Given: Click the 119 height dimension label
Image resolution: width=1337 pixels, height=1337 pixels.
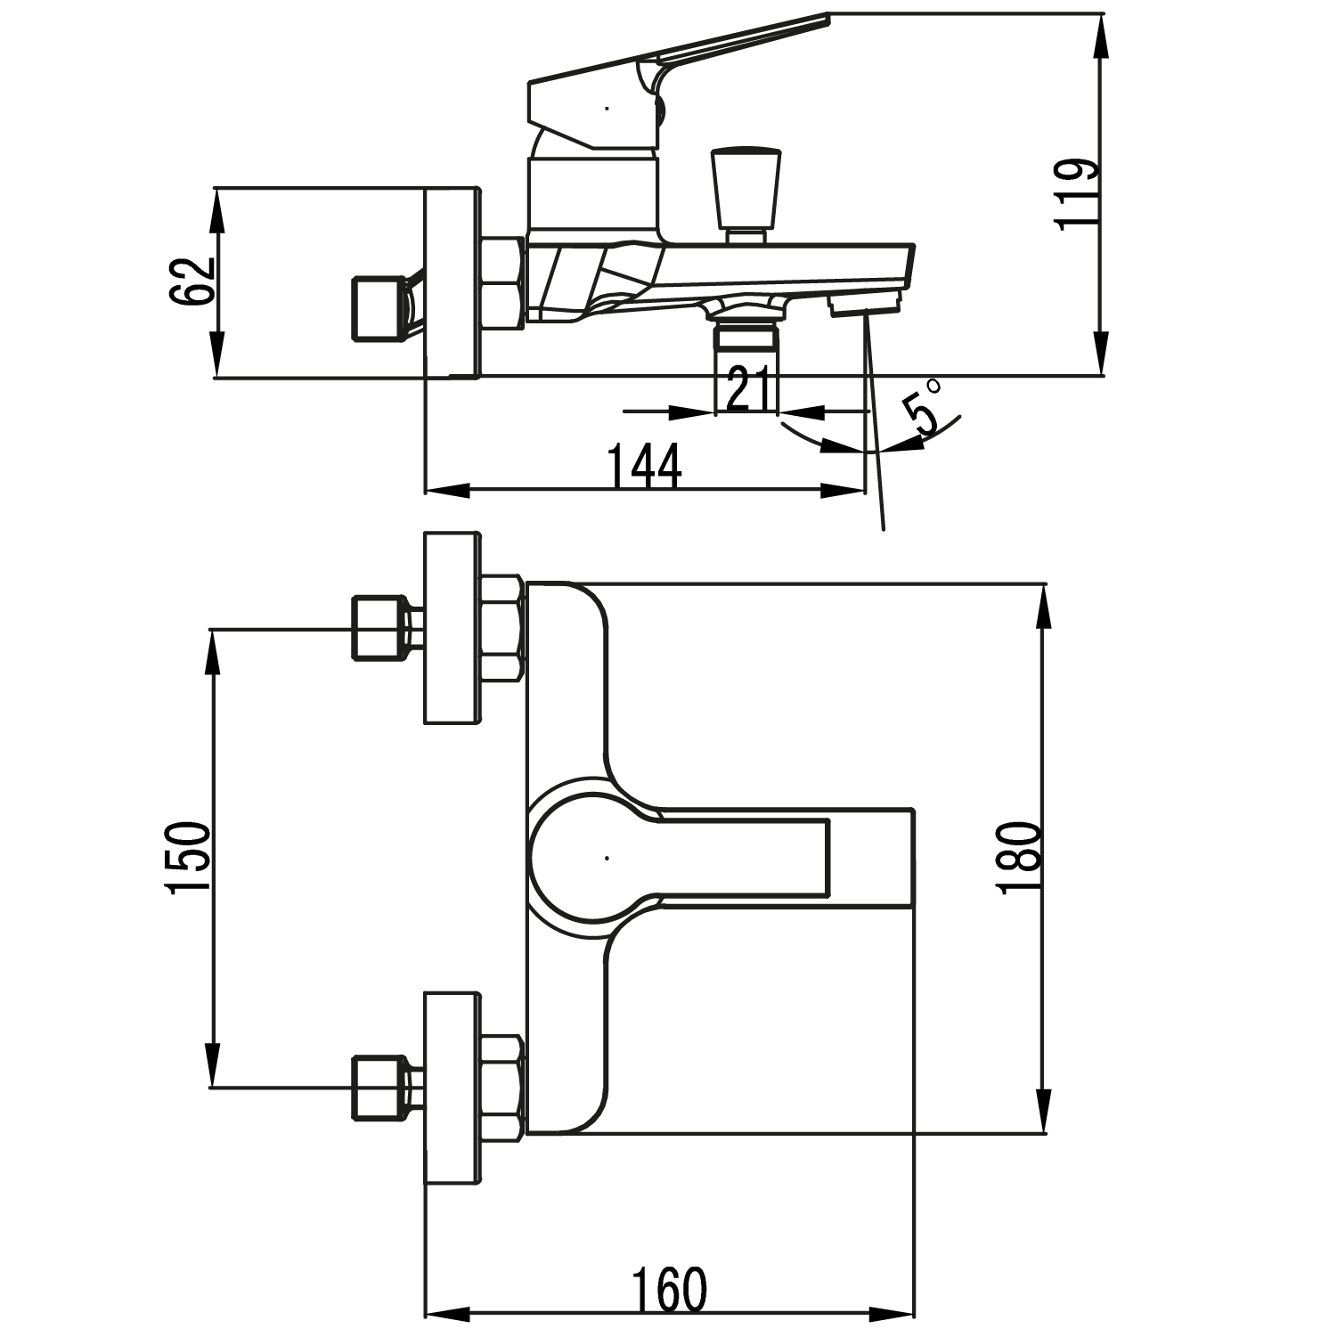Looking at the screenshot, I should coord(1076,195).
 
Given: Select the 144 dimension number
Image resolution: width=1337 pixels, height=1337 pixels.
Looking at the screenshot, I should coord(644,466).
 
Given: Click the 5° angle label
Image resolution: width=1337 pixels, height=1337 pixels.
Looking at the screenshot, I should coord(923,406).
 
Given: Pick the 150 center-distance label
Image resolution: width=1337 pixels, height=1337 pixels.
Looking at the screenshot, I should coord(187,857).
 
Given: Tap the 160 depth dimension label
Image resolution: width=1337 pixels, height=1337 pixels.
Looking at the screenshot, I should coord(669,1289).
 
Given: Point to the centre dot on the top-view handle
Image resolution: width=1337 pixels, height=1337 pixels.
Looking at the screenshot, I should coord(606,858).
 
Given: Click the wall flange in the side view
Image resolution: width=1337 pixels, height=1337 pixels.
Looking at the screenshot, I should coord(452,282).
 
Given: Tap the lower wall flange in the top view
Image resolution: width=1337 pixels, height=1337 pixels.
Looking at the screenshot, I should coord(452,1088).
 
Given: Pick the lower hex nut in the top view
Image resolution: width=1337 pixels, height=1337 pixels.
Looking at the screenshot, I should coord(502,1088).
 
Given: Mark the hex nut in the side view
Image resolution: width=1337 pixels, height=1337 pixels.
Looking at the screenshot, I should coord(502,282).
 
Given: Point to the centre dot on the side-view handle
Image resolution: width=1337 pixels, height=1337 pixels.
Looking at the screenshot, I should coord(607,109).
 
